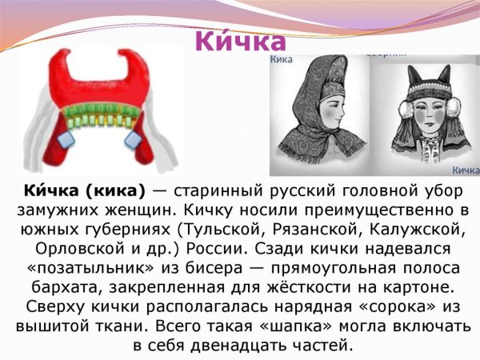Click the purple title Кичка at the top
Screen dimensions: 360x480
[x=239, y=40]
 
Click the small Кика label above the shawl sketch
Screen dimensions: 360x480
[x=280, y=58]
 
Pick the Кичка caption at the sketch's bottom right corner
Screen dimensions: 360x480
[x=465, y=170]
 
